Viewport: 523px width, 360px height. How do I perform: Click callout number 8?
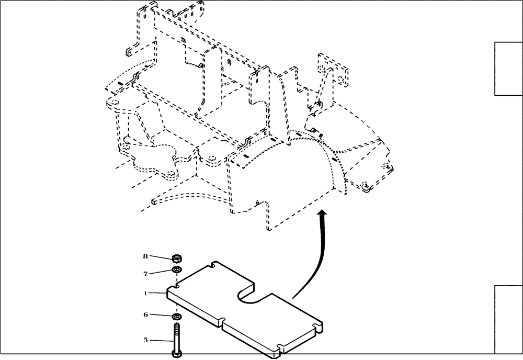pyautogui.click(x=146, y=256)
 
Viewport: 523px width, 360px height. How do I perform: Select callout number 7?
pyautogui.click(x=146, y=273)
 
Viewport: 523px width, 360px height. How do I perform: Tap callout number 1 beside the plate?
pyautogui.click(x=146, y=294)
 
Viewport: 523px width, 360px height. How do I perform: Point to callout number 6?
pyautogui.click(x=146, y=314)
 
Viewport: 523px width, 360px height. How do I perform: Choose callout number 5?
pyautogui.click(x=146, y=340)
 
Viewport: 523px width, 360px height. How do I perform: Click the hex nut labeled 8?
pyautogui.click(x=177, y=257)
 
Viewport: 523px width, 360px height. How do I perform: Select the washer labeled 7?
pyautogui.click(x=177, y=270)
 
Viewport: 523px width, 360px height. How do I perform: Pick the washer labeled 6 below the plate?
pyautogui.click(x=177, y=317)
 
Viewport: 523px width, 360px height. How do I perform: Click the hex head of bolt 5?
pyautogui.click(x=176, y=354)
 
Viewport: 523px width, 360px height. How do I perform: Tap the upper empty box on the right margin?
pyautogui.click(x=508, y=69)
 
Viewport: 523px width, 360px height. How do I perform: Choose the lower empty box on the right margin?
pyautogui.click(x=508, y=319)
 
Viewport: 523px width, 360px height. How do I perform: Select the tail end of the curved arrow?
pyautogui.click(x=293, y=297)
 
